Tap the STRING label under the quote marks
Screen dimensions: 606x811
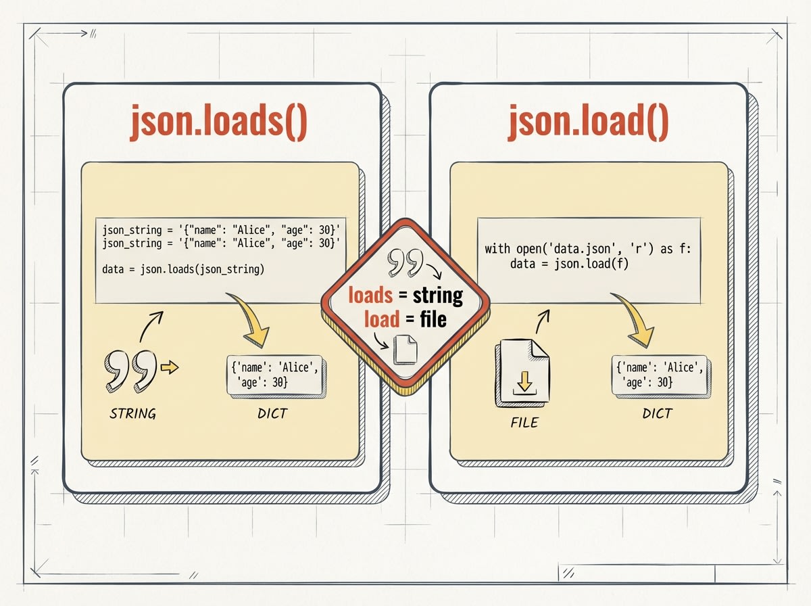point(132,413)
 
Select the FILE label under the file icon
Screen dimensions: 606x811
point(524,423)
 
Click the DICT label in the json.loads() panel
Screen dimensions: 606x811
point(273,413)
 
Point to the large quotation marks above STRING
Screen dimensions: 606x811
point(128,370)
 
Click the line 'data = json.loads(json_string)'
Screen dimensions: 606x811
point(183,269)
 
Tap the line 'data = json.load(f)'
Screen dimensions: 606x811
point(569,263)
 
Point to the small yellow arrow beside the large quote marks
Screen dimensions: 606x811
point(170,367)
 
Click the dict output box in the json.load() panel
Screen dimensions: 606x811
point(660,375)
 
